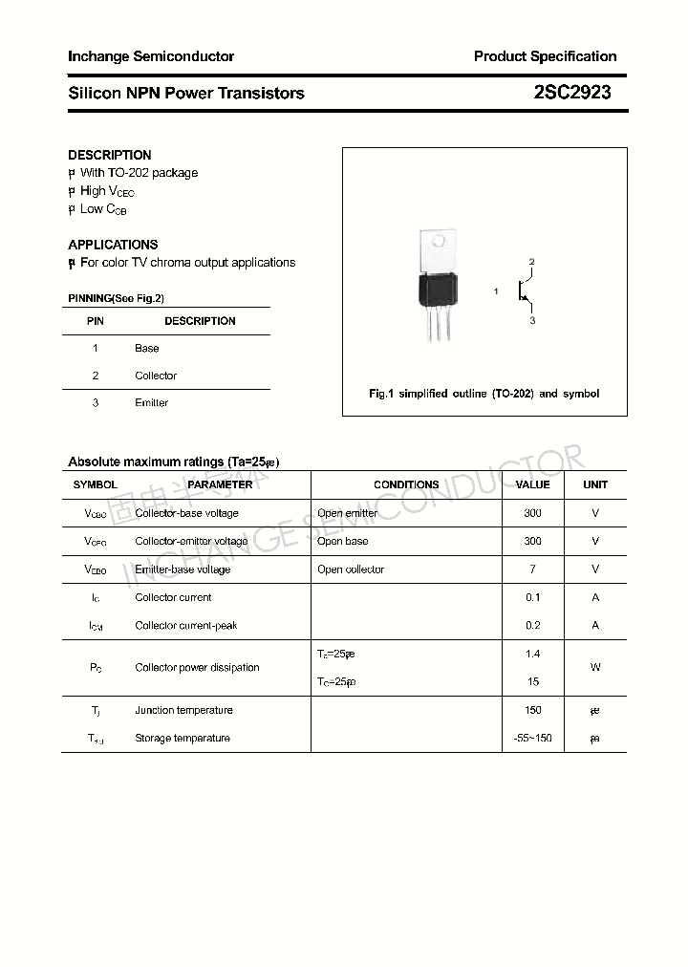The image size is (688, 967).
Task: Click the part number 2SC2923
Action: [572, 93]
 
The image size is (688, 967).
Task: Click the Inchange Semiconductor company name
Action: [151, 56]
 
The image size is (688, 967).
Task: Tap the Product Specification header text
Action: [545, 56]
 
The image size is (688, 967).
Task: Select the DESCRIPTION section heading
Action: [110, 155]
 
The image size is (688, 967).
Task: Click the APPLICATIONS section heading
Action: [113, 245]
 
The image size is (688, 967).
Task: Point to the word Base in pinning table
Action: [147, 349]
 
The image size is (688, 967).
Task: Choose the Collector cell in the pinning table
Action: [156, 376]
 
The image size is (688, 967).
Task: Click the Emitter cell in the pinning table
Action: [151, 403]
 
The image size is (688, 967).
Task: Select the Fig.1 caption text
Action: [484, 394]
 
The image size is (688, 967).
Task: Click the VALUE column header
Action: [532, 484]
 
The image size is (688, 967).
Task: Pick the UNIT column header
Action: [595, 484]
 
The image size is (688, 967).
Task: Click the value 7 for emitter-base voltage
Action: [532, 569]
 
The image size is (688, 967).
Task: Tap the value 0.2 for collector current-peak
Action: [532, 626]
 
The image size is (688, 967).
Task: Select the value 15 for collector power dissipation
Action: [532, 682]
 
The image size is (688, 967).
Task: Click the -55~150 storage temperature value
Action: [532, 739]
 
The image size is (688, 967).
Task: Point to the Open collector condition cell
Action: [351, 569]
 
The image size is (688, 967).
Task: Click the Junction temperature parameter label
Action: [183, 710]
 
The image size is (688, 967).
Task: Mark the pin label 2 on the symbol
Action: [531, 262]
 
